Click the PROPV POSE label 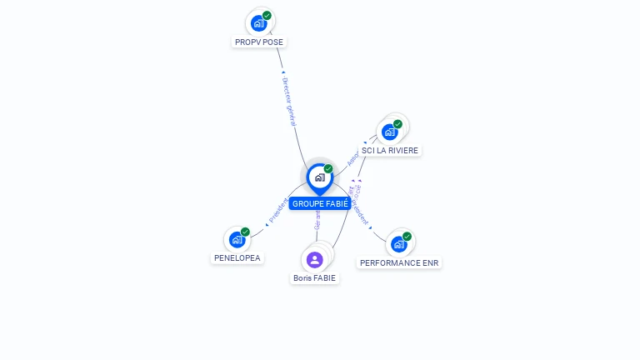[259, 42]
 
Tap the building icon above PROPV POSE [258, 23]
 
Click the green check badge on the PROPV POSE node [267, 16]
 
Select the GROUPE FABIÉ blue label [320, 203]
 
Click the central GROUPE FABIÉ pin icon [319, 177]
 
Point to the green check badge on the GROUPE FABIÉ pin [328, 169]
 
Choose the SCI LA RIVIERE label [391, 151]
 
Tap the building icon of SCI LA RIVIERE [389, 132]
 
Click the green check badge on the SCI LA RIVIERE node [397, 124]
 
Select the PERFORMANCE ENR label [399, 262]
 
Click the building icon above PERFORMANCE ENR [398, 244]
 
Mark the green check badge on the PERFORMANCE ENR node [407, 237]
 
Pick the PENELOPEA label [237, 258]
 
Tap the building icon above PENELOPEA [237, 240]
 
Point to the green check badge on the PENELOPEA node [245, 232]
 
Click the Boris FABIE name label [315, 278]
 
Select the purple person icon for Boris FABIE [314, 259]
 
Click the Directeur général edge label [289, 102]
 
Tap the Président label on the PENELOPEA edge [277, 211]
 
